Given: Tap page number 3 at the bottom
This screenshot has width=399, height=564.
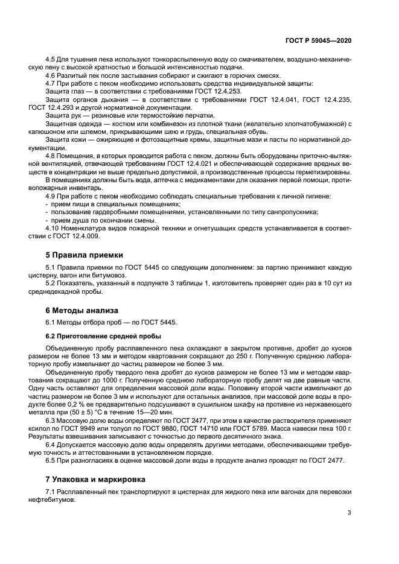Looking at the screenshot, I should (x=350, y=513).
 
